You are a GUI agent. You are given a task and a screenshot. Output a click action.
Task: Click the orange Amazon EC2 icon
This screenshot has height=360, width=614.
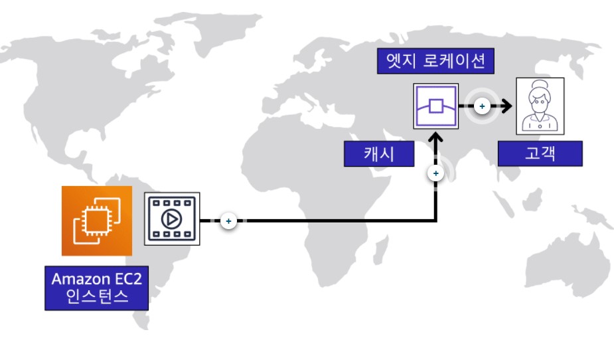point(96,221)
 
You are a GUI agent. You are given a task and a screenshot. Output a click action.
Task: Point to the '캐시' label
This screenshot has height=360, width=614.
point(378,154)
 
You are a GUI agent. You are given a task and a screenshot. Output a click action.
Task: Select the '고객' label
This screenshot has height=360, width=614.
point(540,153)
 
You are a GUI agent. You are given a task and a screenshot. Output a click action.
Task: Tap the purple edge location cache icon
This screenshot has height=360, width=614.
point(435,106)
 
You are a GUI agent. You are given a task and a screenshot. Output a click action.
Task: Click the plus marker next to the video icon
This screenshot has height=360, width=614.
point(228,220)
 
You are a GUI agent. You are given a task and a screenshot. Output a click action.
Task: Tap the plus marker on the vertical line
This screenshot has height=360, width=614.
point(435,174)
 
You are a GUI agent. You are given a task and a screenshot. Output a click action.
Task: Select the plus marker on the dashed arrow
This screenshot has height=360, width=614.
point(483,106)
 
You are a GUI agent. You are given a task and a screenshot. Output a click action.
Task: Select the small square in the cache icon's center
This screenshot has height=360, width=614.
point(435,106)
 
